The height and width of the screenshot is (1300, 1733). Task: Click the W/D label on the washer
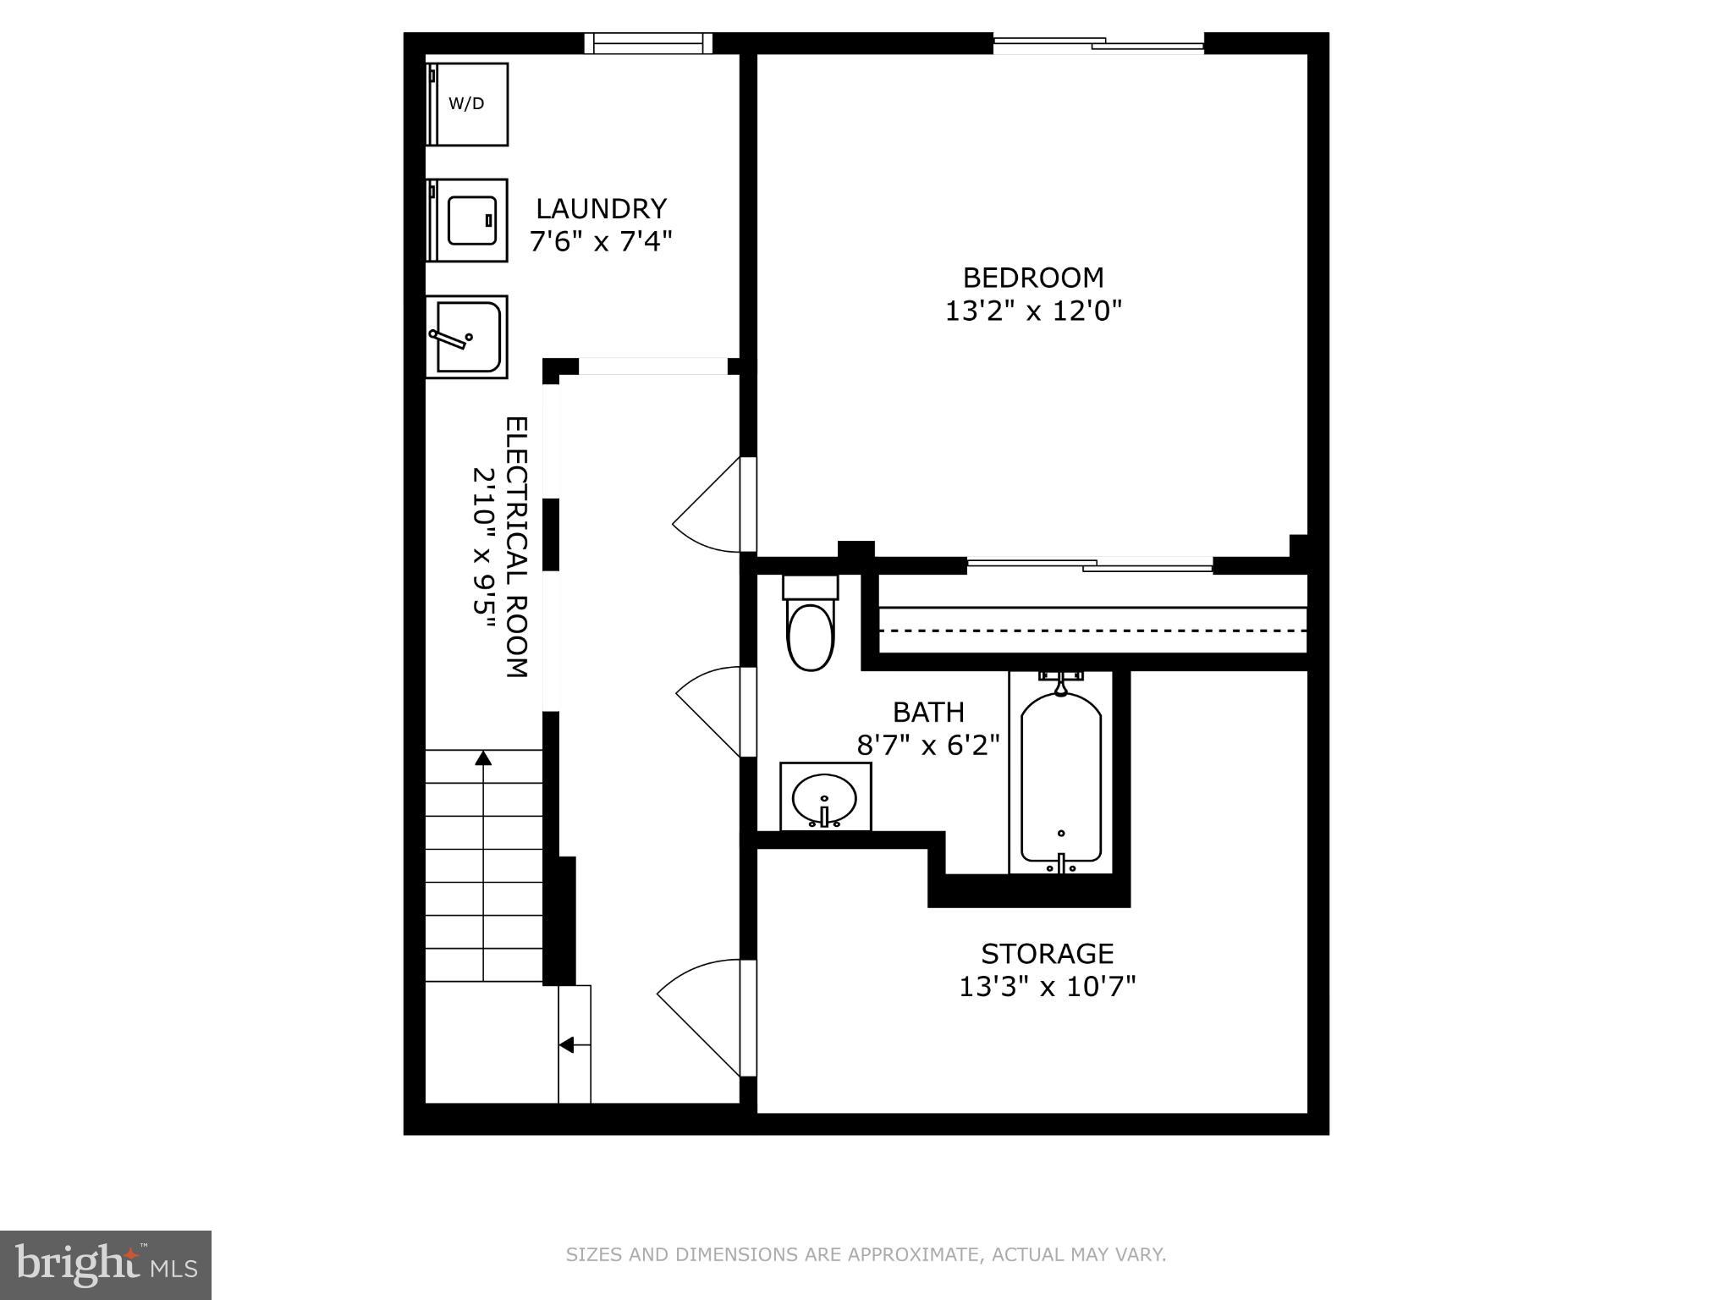click(466, 104)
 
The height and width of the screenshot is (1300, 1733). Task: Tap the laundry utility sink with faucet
click(465, 336)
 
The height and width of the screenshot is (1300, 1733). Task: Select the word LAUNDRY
click(601, 208)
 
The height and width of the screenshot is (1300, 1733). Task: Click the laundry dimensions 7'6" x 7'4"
click(601, 242)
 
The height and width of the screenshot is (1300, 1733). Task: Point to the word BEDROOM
click(1033, 278)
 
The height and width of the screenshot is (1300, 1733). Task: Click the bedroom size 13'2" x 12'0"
click(1033, 311)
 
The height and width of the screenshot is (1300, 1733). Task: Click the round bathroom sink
click(824, 798)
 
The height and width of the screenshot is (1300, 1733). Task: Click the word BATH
click(928, 712)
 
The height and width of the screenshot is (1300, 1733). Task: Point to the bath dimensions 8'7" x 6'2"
click(928, 746)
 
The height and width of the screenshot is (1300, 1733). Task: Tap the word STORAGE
click(1047, 954)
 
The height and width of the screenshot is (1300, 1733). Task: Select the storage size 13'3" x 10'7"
click(1047, 987)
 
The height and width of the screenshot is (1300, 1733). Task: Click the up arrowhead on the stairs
click(483, 757)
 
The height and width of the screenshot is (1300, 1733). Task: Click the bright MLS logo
click(105, 1264)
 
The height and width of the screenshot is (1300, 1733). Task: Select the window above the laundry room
click(648, 42)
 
